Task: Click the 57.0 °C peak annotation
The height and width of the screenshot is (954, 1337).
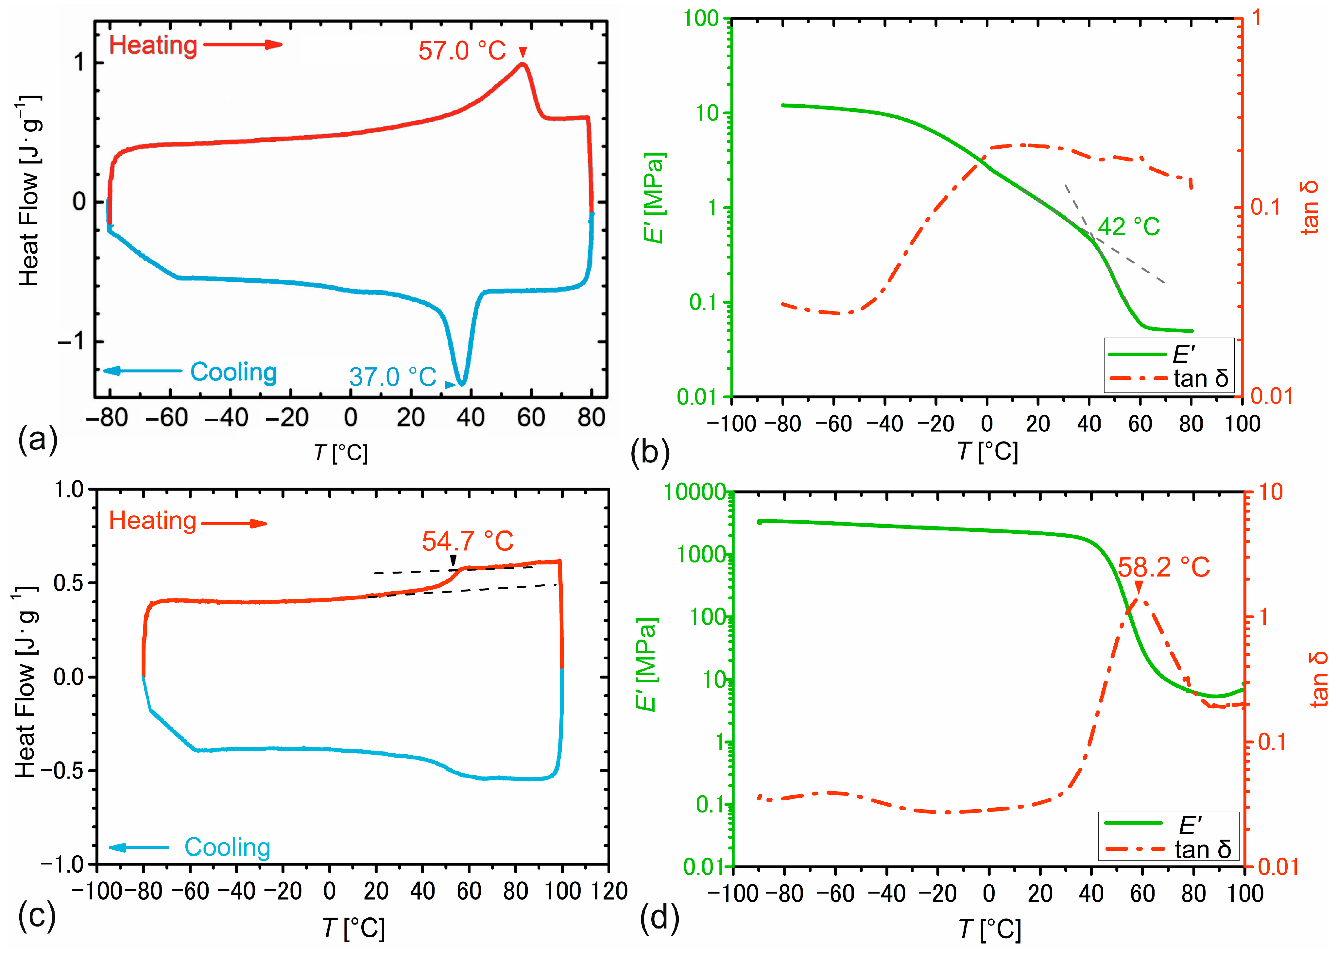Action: click(462, 51)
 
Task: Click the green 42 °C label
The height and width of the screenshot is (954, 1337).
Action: click(1128, 227)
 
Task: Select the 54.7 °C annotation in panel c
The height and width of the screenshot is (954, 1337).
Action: click(467, 541)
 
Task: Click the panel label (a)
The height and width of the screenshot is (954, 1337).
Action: click(38, 439)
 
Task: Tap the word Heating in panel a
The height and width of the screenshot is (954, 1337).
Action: click(153, 45)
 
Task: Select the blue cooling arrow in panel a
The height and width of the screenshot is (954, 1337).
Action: click(143, 371)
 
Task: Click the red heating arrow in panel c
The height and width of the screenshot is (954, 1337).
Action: click(234, 523)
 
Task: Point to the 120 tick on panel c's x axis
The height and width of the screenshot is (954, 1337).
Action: click(609, 891)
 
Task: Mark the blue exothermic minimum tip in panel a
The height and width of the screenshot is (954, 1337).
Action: click(462, 385)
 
